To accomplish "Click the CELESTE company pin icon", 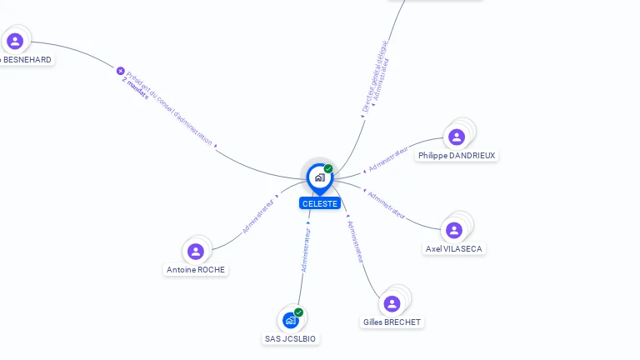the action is [x=319, y=177].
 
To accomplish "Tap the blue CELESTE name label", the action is [x=320, y=203].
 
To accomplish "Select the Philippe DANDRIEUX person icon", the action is [x=456, y=137].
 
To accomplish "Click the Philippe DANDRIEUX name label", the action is [x=457, y=156].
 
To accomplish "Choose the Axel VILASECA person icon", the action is [x=454, y=230].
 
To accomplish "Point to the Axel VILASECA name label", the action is [x=454, y=249].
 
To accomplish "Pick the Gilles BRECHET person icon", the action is [x=392, y=303].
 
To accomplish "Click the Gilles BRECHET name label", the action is [x=392, y=322].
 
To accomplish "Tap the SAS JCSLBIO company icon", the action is [x=291, y=320].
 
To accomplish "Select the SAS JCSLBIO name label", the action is [x=291, y=339].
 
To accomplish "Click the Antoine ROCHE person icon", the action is [x=196, y=251].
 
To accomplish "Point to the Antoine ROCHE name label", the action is [x=196, y=270].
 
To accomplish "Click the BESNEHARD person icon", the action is [x=15, y=41].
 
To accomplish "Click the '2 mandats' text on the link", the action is [x=135, y=88].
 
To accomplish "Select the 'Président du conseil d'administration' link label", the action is [x=170, y=107].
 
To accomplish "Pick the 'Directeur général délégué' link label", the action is [x=374, y=77].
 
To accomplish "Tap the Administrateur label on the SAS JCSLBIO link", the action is [x=306, y=250].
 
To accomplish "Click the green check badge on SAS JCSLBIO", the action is [x=298, y=312].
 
